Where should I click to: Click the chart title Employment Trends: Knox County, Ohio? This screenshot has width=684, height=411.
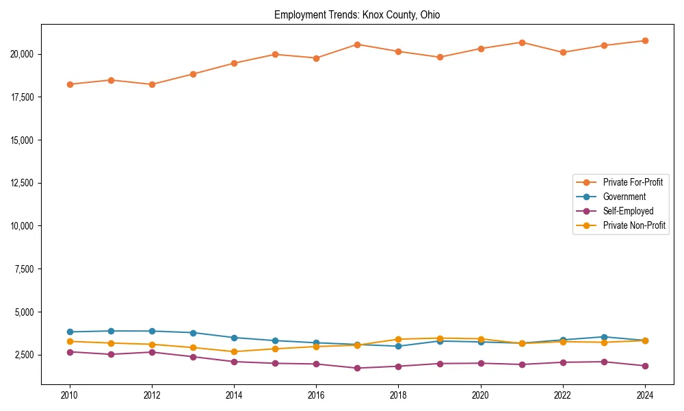point(357,14)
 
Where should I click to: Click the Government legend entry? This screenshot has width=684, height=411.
point(624,197)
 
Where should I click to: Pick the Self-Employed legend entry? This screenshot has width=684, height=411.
point(628,211)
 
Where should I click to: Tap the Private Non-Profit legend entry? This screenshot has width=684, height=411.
point(634,225)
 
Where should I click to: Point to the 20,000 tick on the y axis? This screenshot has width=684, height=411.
point(23,54)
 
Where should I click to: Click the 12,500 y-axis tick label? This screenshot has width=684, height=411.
point(23,183)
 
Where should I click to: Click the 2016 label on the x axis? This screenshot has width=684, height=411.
point(316,395)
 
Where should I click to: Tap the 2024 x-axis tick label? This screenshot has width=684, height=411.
point(645,395)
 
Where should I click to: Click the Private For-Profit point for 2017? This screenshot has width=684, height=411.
point(357,45)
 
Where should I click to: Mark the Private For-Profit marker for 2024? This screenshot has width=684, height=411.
point(645,40)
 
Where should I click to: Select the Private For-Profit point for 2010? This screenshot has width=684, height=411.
point(70,84)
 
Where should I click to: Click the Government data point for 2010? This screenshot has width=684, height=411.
point(70,332)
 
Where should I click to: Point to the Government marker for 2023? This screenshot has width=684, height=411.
point(604,336)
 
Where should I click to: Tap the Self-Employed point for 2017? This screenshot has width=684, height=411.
point(357,368)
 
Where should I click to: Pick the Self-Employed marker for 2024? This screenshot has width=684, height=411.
point(645,366)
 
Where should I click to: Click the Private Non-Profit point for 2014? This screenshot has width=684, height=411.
point(234,351)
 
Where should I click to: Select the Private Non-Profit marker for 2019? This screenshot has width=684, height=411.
point(440,338)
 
